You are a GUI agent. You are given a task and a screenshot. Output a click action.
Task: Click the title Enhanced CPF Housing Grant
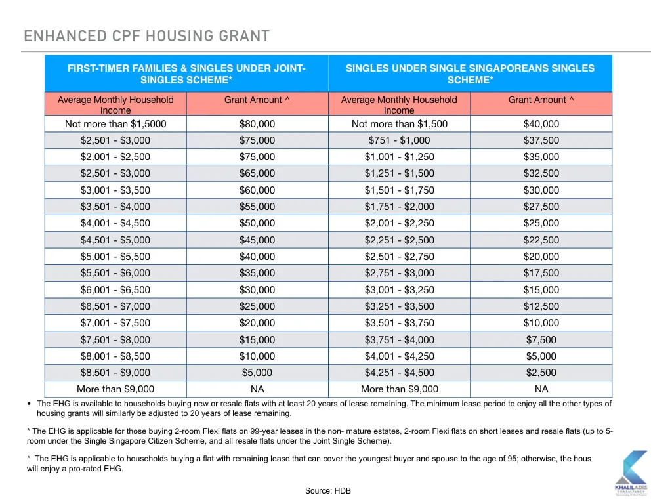click(x=146, y=36)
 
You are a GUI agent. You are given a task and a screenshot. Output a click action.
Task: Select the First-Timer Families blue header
click(x=186, y=73)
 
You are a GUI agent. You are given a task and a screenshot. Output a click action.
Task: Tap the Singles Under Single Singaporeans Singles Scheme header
click(x=470, y=73)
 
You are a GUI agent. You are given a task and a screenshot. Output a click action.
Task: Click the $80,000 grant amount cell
click(x=257, y=124)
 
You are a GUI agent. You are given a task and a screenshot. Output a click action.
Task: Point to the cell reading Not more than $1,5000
click(x=115, y=124)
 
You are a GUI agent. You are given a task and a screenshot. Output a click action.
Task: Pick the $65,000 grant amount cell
click(x=257, y=173)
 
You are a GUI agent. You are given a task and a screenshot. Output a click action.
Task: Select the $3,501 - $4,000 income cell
click(x=115, y=207)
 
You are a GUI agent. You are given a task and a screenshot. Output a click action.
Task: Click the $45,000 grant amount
click(x=257, y=240)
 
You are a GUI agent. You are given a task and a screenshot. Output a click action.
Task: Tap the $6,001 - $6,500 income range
click(x=115, y=289)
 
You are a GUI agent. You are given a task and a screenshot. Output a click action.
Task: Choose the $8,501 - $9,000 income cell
click(x=115, y=373)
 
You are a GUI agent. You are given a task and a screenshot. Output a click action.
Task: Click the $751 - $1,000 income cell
click(x=400, y=140)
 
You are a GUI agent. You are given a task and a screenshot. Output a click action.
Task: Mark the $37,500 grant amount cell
click(x=541, y=140)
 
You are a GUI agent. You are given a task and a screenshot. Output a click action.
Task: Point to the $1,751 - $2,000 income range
click(x=400, y=207)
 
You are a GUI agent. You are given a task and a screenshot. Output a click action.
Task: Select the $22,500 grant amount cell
click(x=541, y=240)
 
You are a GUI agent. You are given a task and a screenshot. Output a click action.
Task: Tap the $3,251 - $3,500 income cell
click(x=400, y=306)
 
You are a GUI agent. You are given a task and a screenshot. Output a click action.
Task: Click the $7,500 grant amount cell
click(x=541, y=340)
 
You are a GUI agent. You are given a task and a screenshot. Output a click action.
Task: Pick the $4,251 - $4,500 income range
click(x=400, y=373)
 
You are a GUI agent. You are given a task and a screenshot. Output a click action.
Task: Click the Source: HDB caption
click(x=328, y=491)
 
